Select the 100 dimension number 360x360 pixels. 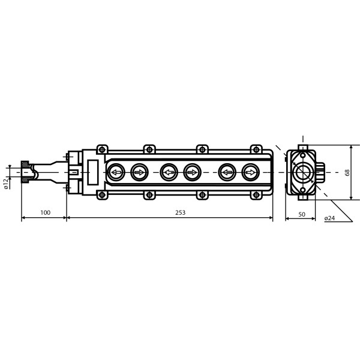point(45,212)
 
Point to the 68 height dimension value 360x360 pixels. point(347,172)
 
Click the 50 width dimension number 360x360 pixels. point(301,214)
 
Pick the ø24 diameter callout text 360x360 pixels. point(329,218)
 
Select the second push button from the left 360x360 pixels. point(139,173)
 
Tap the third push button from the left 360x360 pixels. point(169,173)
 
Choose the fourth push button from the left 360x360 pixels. point(192,173)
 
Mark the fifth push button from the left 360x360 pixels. point(227,173)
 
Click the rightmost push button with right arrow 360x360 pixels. point(250,173)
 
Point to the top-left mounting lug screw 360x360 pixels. point(102,149)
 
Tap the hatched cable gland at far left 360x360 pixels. point(26,172)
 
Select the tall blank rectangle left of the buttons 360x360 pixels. point(93,172)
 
